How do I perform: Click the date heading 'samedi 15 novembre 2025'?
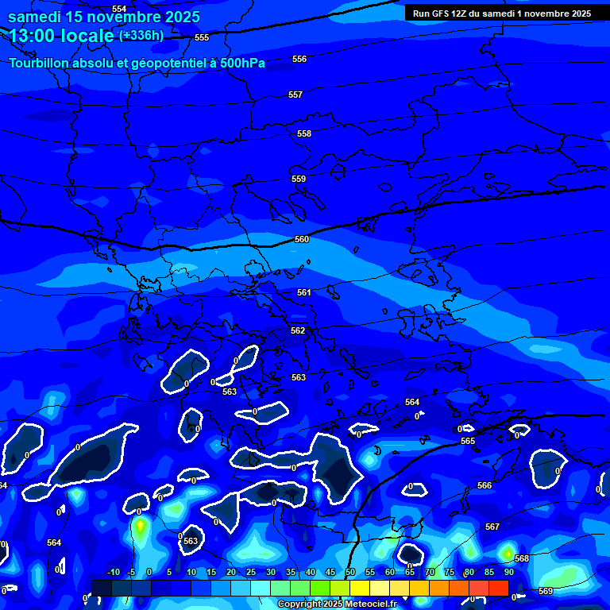[x=103, y=17]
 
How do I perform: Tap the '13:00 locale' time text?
[x=62, y=35]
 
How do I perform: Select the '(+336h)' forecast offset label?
[x=141, y=35]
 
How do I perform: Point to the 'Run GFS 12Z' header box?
[x=502, y=13]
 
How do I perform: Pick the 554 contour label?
[x=119, y=9]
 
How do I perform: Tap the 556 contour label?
[x=299, y=60]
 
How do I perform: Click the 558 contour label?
[x=304, y=134]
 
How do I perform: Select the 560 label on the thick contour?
[x=302, y=239]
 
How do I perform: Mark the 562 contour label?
[x=298, y=330]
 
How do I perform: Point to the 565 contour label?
[x=468, y=441]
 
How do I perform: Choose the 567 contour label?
[x=492, y=527]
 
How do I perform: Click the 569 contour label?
[x=546, y=591]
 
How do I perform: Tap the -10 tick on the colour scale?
[x=113, y=572]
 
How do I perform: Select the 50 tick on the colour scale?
[x=350, y=572]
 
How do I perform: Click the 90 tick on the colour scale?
[x=509, y=572]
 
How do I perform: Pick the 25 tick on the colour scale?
[x=251, y=572]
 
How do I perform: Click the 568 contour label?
[x=522, y=558]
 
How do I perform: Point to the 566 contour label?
[x=485, y=485]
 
